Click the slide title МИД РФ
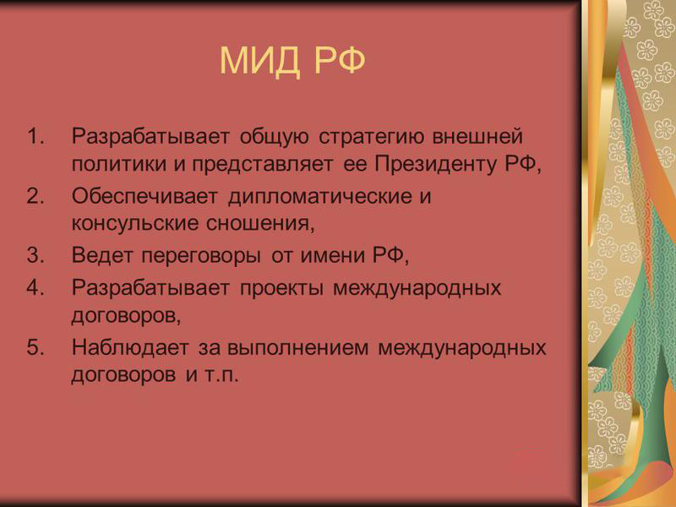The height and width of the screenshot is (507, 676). (292, 61)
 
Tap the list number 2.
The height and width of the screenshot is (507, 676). (35, 196)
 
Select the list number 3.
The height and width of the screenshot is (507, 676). (35, 255)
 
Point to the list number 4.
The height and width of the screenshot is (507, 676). (35, 287)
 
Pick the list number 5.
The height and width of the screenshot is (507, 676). (35, 347)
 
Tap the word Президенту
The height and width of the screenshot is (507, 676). (435, 164)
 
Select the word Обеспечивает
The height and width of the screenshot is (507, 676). (144, 197)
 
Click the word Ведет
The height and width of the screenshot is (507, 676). (102, 256)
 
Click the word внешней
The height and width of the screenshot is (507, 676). (477, 137)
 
